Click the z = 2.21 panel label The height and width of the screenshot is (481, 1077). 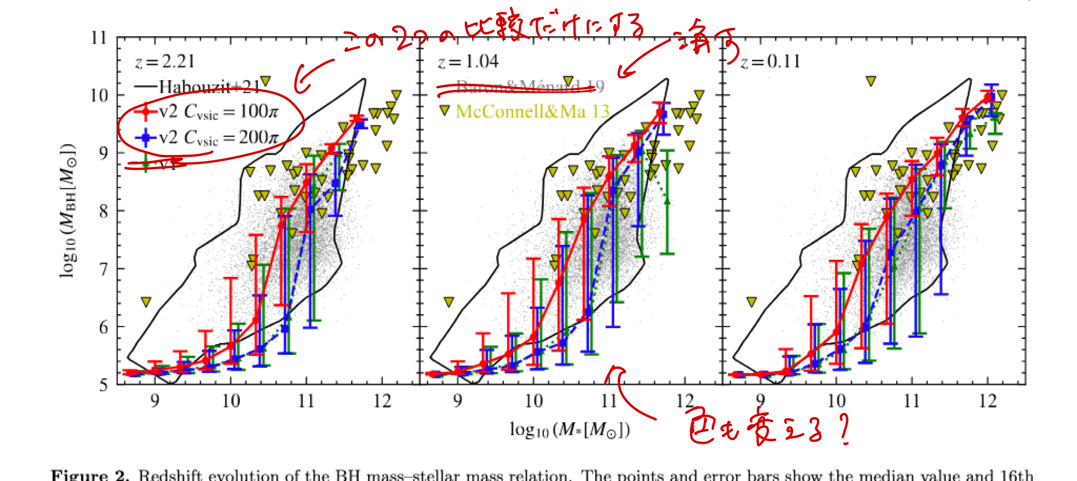click(x=165, y=62)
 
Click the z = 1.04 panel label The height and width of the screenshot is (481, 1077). click(x=468, y=62)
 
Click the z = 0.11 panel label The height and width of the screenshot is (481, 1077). click(x=770, y=62)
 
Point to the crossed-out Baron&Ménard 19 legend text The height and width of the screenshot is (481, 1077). click(x=529, y=87)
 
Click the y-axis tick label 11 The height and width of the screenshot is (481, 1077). click(x=99, y=38)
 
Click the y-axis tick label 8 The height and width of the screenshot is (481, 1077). click(x=103, y=211)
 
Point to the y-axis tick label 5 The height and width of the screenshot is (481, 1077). click(x=103, y=385)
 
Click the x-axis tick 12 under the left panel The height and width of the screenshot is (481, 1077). click(x=382, y=401)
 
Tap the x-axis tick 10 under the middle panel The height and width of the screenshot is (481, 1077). click(x=533, y=401)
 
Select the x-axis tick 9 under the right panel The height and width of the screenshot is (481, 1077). click(x=760, y=401)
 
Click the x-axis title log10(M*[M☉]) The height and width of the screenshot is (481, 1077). click(x=570, y=430)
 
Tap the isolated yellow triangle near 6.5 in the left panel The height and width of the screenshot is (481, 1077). click(x=146, y=302)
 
